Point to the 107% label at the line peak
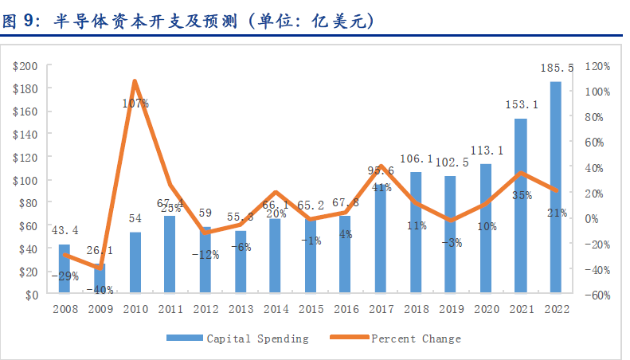pyautogui.click(x=135, y=103)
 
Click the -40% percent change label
pyautogui.click(x=100, y=289)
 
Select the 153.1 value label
pyautogui.click(x=520, y=104)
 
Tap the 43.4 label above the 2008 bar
pyautogui.click(x=65, y=230)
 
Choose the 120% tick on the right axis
pyautogui.click(x=597, y=65)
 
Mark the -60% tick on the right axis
pyautogui.click(x=597, y=295)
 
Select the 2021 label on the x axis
pyautogui.click(x=520, y=309)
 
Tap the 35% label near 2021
pyautogui.click(x=522, y=195)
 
